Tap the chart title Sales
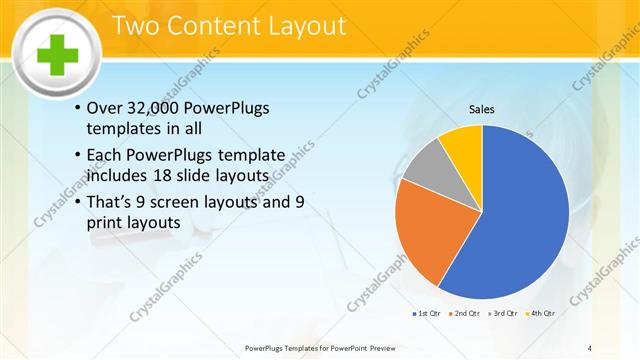click(x=482, y=109)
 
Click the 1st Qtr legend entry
click(x=425, y=314)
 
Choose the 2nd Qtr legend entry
click(x=466, y=314)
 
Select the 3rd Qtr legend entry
click(x=505, y=314)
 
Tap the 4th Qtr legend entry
click(x=543, y=314)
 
